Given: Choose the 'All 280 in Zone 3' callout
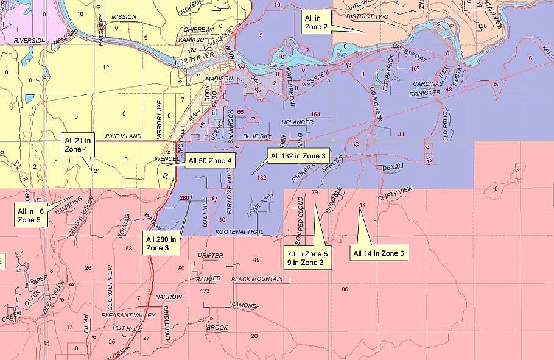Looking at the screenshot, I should tap(160, 243).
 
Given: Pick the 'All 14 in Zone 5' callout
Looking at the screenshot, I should tap(378, 253).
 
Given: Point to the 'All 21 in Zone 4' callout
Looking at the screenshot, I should tap(75, 145).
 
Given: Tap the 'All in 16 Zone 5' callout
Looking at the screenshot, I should tap(30, 215).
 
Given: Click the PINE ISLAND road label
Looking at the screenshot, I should tap(123, 136).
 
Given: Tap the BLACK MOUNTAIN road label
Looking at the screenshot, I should tap(257, 280).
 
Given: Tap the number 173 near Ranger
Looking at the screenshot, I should tap(204, 292).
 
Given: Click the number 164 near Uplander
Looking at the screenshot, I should tap(315, 115).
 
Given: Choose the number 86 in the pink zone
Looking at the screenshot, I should tap(345, 289).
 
